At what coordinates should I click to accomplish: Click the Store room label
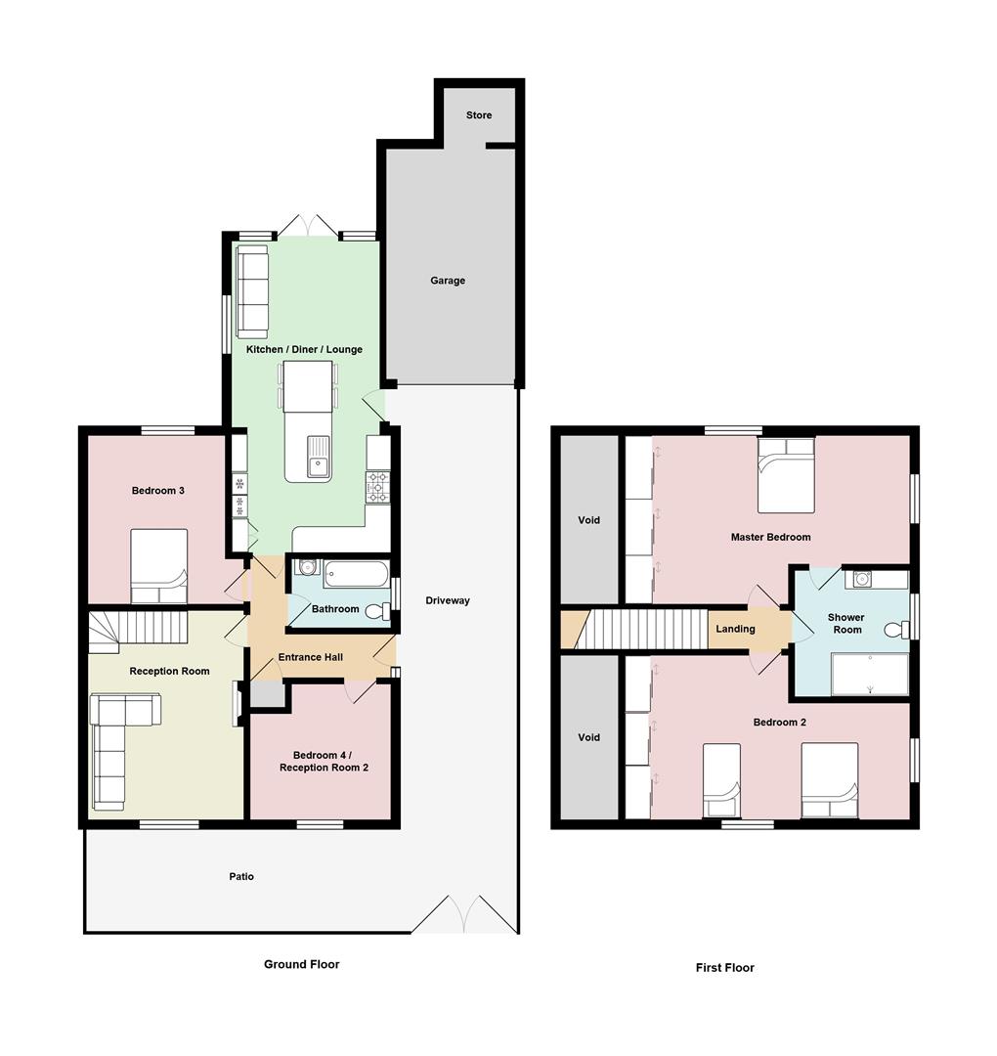479,115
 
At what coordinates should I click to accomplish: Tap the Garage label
448,281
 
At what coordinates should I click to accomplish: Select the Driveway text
448,600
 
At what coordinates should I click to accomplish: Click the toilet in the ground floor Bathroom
377,612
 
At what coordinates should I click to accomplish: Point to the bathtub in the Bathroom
356,573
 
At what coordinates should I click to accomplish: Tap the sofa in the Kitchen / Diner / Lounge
252,291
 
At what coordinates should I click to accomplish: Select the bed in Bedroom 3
158,565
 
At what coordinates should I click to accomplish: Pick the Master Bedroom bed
786,475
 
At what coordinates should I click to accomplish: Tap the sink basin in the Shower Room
863,578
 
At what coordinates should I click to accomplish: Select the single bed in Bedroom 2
721,779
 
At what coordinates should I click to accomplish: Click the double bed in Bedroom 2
829,779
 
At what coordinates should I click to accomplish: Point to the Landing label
735,629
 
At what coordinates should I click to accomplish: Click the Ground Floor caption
301,964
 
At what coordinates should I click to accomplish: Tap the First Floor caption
724,968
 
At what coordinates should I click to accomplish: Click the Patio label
241,876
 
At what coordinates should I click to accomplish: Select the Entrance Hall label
310,657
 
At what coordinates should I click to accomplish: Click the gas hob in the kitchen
378,487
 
